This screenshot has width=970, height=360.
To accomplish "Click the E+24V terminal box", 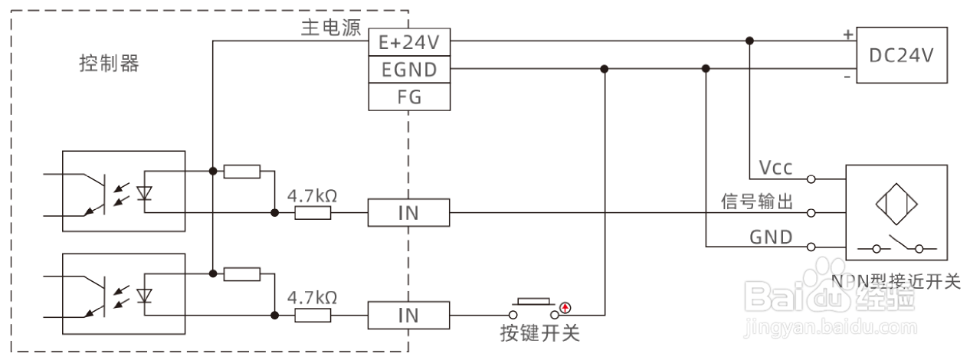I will [408, 42].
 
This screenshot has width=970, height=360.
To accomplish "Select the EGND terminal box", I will [408, 70].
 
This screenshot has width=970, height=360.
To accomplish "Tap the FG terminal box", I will [408, 97].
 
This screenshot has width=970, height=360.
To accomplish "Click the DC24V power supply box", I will [902, 55].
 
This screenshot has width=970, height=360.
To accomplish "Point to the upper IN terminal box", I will [408, 212].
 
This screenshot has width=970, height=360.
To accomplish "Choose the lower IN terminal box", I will [408, 315].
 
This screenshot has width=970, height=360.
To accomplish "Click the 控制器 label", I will [110, 64].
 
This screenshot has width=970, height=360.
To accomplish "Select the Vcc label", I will [775, 168].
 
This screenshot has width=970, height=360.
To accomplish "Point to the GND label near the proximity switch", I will [771, 237].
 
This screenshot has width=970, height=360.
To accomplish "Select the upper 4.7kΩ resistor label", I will [312, 195].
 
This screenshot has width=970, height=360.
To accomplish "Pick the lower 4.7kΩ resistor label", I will [312, 297].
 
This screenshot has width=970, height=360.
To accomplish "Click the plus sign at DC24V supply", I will [847, 34].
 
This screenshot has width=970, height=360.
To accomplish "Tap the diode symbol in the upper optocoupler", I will [143, 192].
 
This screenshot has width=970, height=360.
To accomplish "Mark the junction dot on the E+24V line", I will [749, 41].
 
